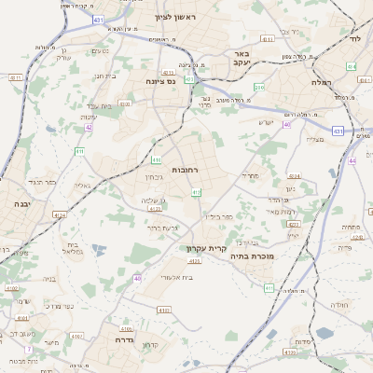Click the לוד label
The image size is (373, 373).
354,40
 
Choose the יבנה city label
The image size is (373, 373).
22,202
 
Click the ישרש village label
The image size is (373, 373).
266,121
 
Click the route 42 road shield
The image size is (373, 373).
89,128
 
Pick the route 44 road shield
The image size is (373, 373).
352,161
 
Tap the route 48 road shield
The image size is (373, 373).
138,278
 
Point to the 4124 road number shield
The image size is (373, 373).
60,214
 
